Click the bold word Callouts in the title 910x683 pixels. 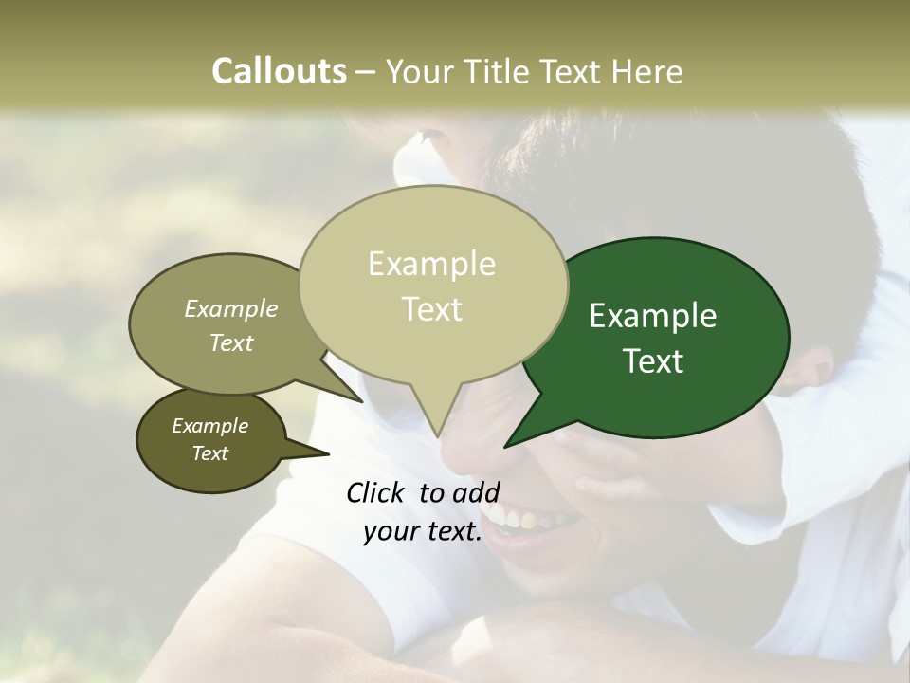click(279, 71)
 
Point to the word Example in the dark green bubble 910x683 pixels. click(652, 316)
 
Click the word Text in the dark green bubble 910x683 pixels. click(654, 361)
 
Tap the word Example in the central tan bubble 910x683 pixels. click(431, 264)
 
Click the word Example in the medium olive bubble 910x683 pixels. click(231, 309)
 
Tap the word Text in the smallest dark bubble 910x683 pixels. click(210, 453)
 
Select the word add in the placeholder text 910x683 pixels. click(476, 492)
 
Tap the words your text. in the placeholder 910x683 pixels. click(423, 532)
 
